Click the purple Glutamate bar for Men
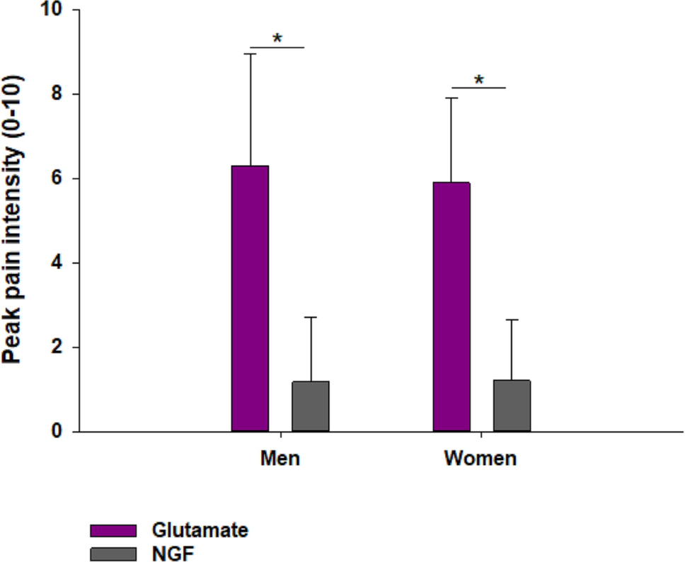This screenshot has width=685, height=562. click(250, 298)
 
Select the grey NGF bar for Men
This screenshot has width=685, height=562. click(311, 406)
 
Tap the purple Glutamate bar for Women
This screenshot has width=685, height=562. click(451, 306)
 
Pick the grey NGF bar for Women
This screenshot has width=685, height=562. click(512, 406)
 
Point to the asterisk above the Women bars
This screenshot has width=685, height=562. click(479, 80)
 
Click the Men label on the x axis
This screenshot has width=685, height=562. click(280, 459)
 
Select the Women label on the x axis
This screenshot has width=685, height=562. click(480, 459)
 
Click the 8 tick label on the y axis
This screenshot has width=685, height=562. click(55, 94)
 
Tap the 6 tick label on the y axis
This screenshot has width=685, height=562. click(55, 178)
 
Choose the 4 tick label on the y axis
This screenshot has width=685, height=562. click(55, 263)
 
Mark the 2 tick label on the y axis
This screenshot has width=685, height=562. click(55, 348)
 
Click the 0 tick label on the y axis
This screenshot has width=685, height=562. click(55, 432)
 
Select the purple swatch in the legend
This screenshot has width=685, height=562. click(113, 531)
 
